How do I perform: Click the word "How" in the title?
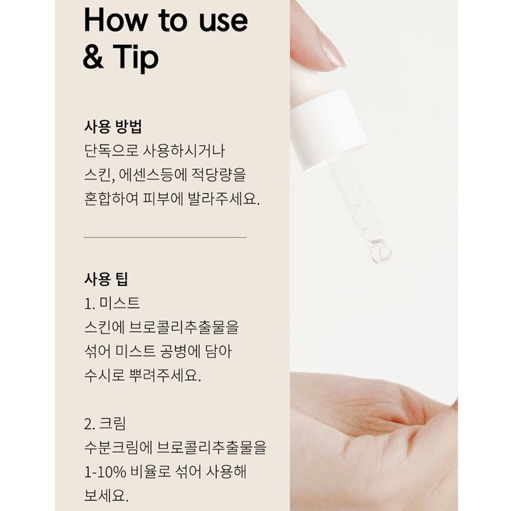tap(115, 20)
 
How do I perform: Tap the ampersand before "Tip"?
tap(94, 57)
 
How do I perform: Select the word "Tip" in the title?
tap(136, 58)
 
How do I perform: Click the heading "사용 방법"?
tap(113, 127)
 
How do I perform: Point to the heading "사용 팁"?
tap(106, 279)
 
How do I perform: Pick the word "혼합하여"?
tap(111, 199)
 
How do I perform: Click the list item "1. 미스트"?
tap(112, 303)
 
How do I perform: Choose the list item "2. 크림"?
tap(105, 424)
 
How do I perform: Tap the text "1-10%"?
tap(105, 471)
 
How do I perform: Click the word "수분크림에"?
tap(119, 448)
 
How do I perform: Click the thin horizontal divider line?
tap(165, 238)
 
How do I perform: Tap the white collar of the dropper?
tap(328, 131)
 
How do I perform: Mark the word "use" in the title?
tap(223, 21)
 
